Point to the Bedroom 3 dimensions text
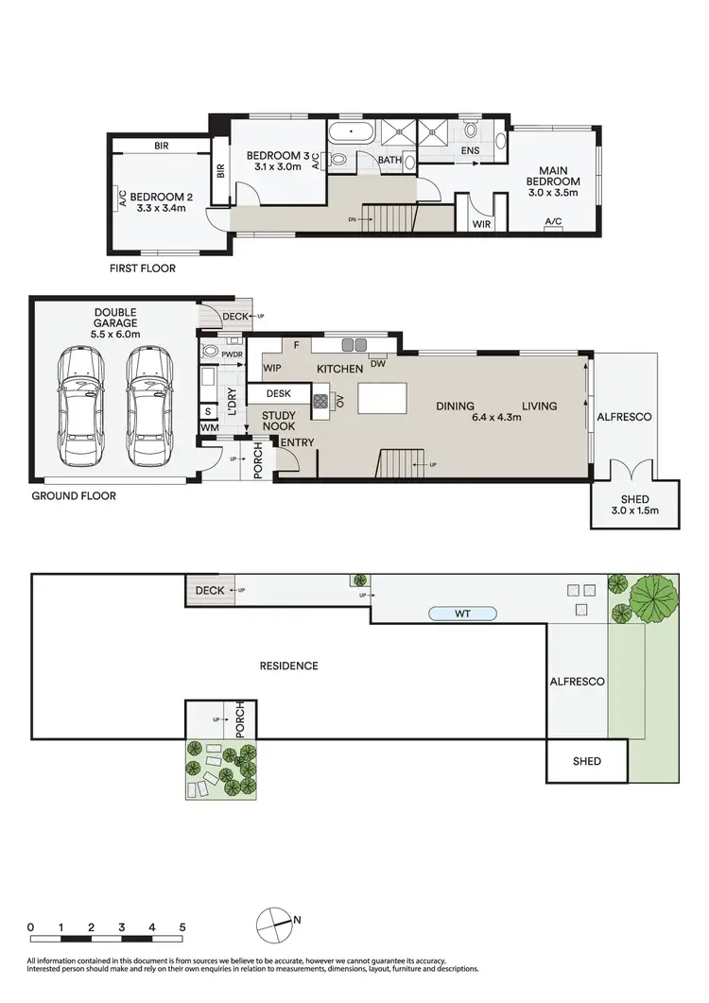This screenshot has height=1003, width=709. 277,167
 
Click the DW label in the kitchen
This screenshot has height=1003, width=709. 378,363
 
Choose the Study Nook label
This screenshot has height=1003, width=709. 278,422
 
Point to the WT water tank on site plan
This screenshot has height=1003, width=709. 462,614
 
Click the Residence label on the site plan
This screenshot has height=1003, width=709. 288,666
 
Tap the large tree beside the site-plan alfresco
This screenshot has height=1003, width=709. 651,597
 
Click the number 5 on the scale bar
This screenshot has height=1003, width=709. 182,926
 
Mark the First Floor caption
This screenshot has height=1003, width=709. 143,268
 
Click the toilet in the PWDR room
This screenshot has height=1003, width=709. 211,354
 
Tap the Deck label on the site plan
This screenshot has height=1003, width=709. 208,590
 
